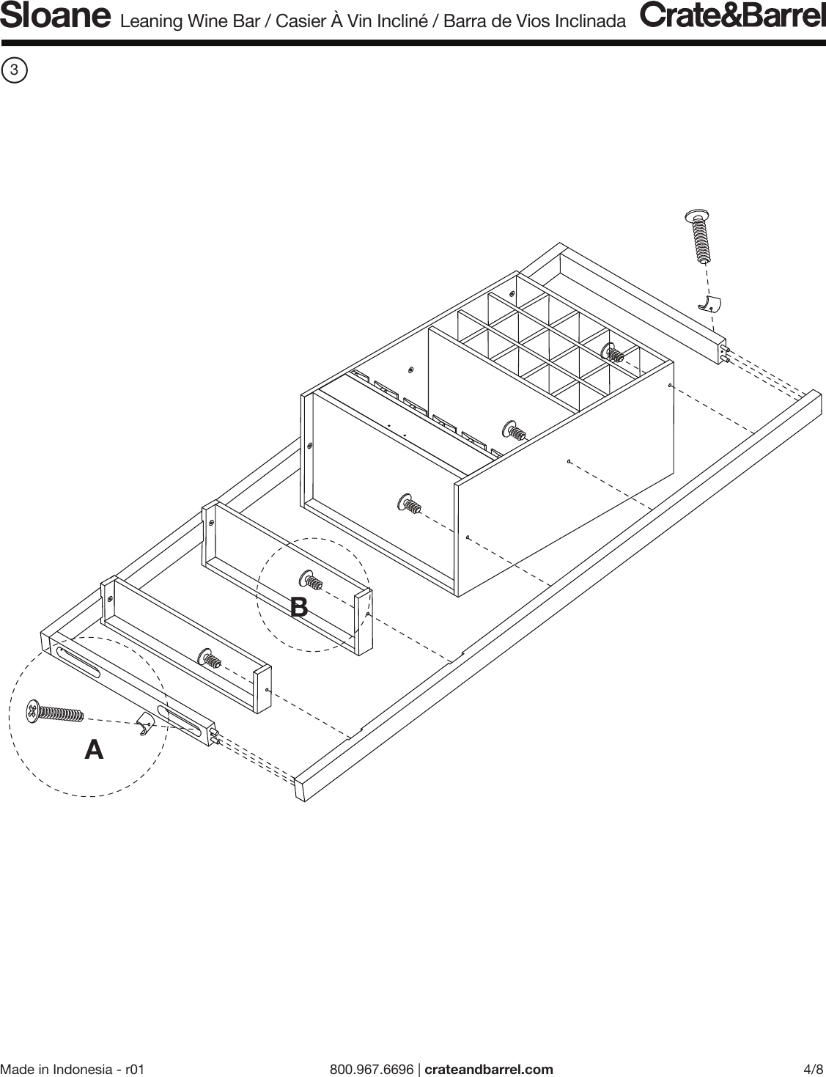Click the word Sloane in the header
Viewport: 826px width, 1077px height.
55,17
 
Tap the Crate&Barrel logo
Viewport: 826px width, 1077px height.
732,16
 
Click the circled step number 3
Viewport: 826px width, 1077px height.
15,70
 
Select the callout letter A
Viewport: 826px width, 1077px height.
94,750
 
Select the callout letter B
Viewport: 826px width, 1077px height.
298,607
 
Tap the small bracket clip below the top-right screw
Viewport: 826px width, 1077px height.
709,304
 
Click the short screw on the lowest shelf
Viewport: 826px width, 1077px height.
209,658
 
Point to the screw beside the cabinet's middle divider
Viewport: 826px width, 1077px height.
514,430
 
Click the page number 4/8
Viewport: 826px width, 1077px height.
814,1069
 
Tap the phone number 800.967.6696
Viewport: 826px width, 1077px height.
372,1069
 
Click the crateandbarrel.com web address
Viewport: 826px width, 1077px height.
489,1069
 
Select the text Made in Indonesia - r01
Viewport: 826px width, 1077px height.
73,1069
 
